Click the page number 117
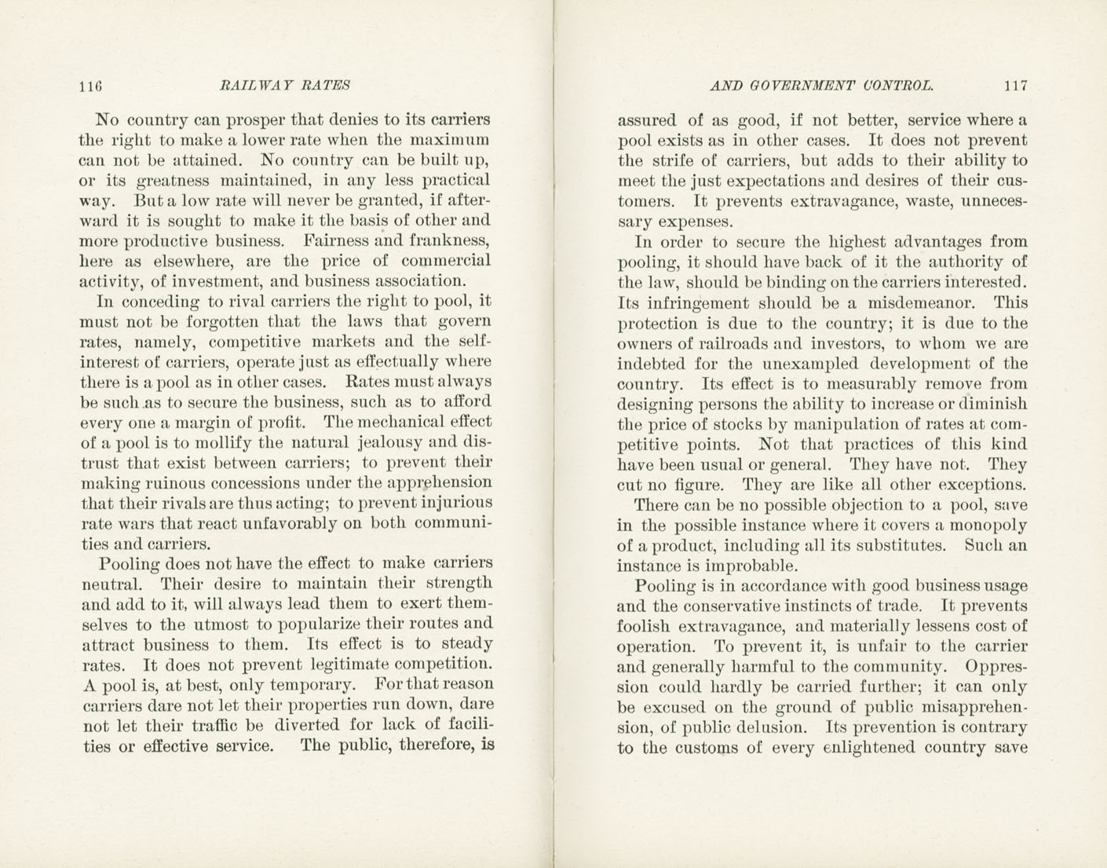pyautogui.click(x=1014, y=86)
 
